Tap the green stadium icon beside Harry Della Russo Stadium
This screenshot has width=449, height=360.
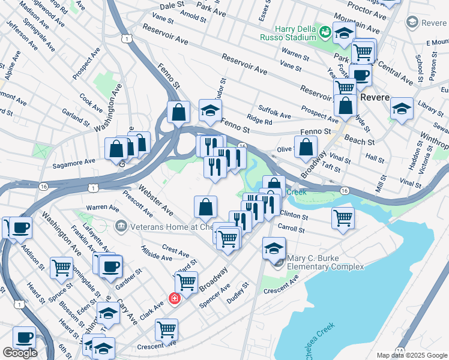pos(325,31)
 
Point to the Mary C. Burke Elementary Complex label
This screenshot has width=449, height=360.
pos(325,262)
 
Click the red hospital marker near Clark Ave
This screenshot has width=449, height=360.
pos(175,298)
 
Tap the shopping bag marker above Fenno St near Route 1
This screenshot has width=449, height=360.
pos(179,111)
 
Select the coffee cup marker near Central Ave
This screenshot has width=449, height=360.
pos(360,76)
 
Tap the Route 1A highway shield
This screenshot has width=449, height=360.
pos(400,349)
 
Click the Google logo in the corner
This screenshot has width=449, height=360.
pos(20,353)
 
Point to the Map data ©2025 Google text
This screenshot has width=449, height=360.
pos(411,355)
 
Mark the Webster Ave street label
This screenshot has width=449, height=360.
pos(156,202)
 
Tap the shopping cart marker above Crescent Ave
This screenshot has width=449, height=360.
pos(166,328)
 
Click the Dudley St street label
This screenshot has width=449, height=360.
pos(237,293)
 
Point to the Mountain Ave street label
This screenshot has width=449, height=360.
pos(357,23)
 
